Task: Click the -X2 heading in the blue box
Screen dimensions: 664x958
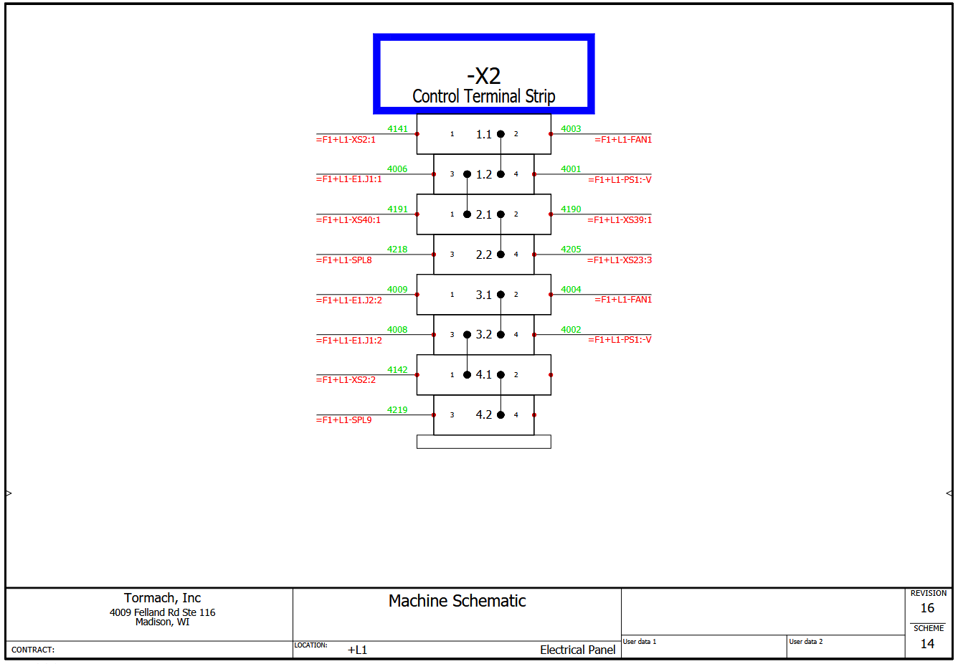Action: point(483,76)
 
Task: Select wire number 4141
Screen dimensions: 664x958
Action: point(397,129)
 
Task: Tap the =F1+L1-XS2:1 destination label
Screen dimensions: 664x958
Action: point(346,140)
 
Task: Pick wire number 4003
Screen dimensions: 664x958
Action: point(571,129)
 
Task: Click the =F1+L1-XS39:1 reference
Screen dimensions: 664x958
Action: point(620,220)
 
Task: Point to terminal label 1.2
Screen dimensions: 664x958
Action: point(484,174)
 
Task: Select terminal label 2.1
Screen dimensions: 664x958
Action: point(484,214)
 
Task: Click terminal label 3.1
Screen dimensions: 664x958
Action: point(484,295)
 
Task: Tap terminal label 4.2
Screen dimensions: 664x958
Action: point(484,414)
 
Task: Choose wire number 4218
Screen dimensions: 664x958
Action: point(397,250)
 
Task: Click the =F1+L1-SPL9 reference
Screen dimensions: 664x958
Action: point(344,420)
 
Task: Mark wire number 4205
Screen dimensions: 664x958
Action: point(571,250)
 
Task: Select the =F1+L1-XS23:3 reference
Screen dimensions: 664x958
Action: point(620,260)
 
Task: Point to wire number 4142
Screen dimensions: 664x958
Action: point(397,370)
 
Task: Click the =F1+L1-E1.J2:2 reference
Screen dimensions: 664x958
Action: point(349,300)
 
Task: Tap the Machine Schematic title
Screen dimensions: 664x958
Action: point(457,601)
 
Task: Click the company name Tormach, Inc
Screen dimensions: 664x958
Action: point(162,598)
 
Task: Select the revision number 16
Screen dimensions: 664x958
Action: point(927,608)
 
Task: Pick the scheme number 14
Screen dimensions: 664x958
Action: point(927,644)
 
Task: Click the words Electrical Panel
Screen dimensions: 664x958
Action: point(577,650)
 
